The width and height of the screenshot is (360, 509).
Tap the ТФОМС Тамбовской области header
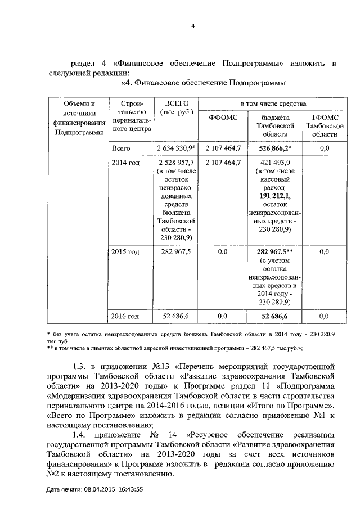(324, 126)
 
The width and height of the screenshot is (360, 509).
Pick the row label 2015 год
(125, 252)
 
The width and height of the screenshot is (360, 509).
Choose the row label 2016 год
(125, 317)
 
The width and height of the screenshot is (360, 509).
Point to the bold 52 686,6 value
(275, 317)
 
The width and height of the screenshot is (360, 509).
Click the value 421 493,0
(275, 163)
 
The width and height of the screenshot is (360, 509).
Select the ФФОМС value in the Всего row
(223, 148)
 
